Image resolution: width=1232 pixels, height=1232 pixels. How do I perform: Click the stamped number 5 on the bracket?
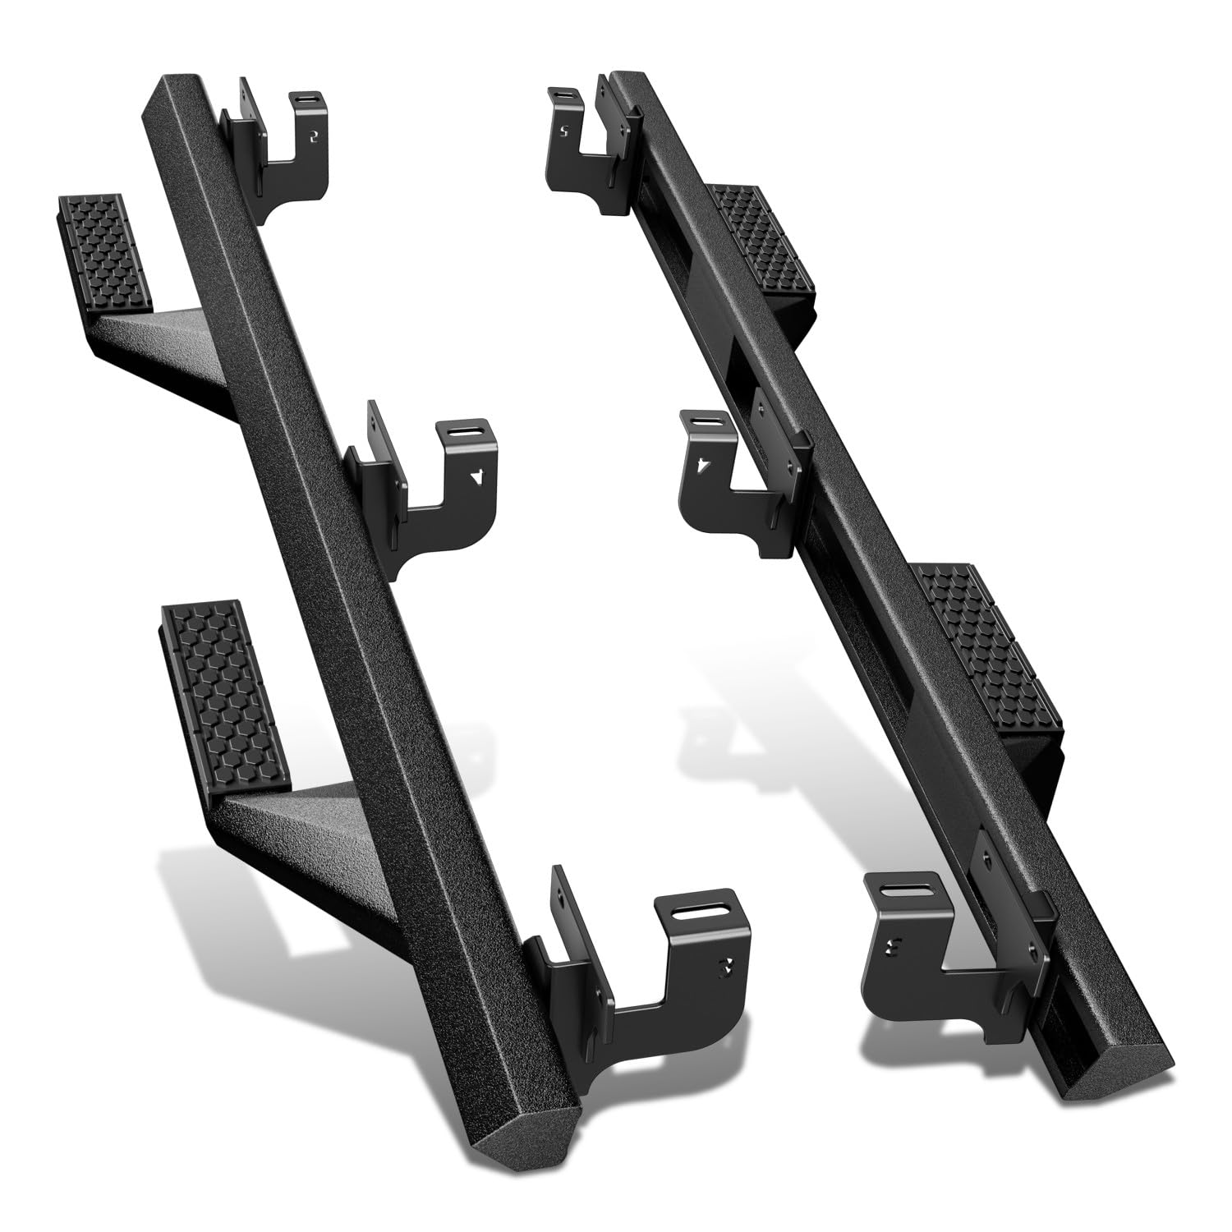(563, 131)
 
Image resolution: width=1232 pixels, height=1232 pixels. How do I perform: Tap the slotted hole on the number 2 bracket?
(306, 99)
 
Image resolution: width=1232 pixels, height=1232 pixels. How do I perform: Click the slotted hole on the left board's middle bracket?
(460, 431)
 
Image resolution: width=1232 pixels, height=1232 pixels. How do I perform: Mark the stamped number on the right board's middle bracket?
(701, 466)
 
